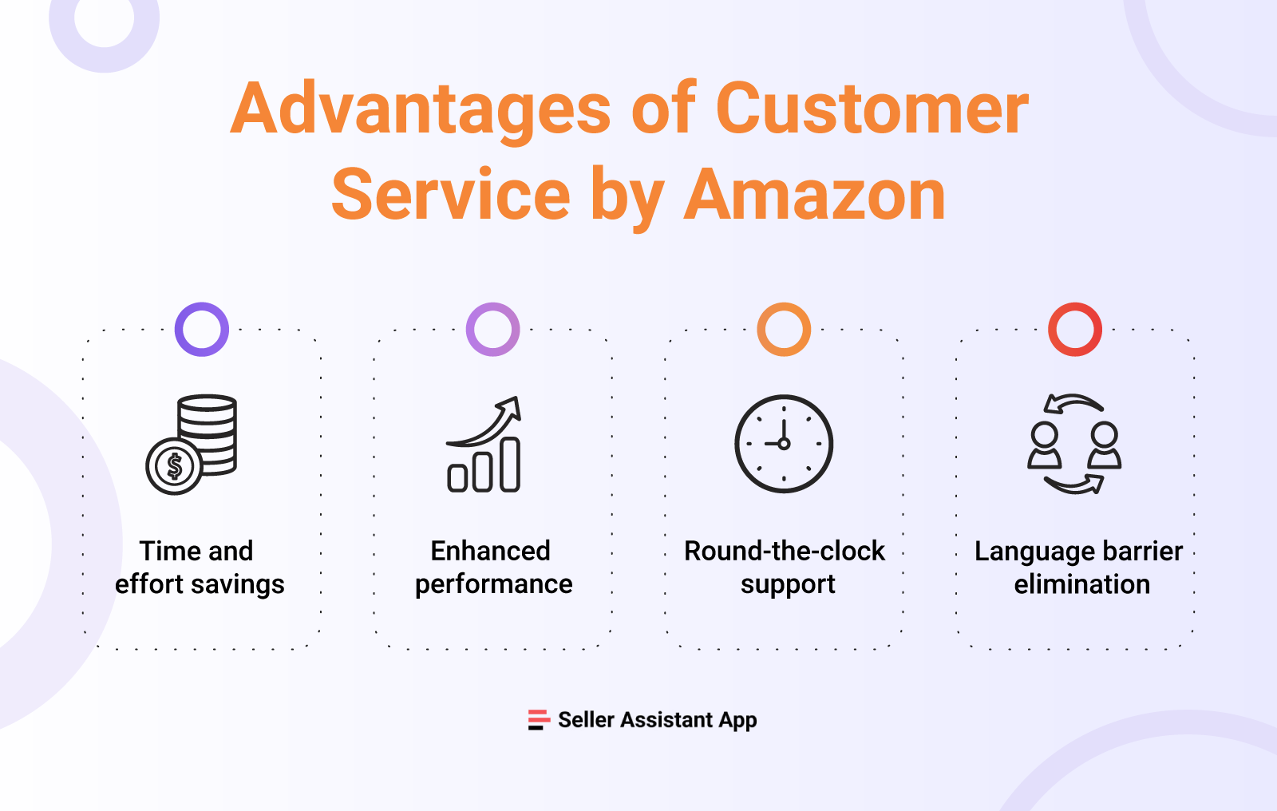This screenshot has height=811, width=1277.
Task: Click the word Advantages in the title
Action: click(x=421, y=109)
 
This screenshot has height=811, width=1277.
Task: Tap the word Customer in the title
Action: click(x=872, y=109)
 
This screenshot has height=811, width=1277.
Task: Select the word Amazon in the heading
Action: click(x=815, y=196)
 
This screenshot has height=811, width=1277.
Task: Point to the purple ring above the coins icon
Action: click(x=202, y=329)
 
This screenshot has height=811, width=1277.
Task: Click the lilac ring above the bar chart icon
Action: click(x=493, y=329)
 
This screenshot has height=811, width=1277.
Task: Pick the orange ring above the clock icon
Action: click(x=784, y=329)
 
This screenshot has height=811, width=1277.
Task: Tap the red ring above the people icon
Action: click(x=1075, y=329)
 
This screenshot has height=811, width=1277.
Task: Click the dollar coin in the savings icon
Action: click(x=174, y=466)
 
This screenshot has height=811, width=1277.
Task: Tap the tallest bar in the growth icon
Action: click(x=510, y=465)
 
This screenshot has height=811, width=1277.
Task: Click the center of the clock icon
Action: click(x=784, y=444)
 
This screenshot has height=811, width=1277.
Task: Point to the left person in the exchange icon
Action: click(x=1044, y=446)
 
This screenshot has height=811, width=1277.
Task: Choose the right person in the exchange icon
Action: click(x=1105, y=446)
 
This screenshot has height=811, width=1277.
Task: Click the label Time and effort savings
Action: click(x=199, y=568)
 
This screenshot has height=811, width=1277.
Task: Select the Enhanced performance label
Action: click(x=493, y=568)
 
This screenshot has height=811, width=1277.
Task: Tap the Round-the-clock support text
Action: click(x=785, y=568)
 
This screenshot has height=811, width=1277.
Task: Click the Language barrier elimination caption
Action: click(x=1080, y=568)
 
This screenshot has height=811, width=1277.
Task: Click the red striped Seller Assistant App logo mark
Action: click(x=539, y=720)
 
